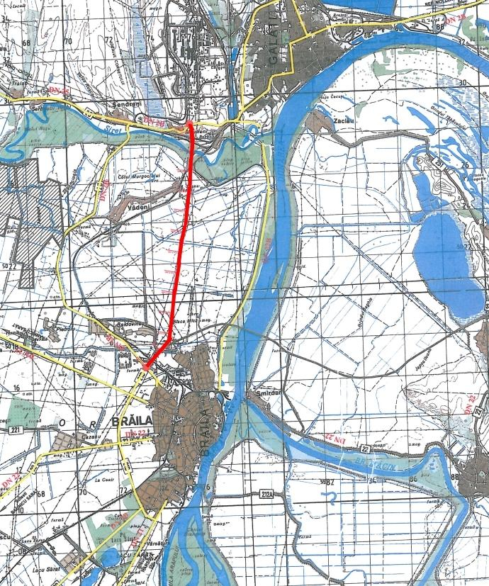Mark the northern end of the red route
191,122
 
